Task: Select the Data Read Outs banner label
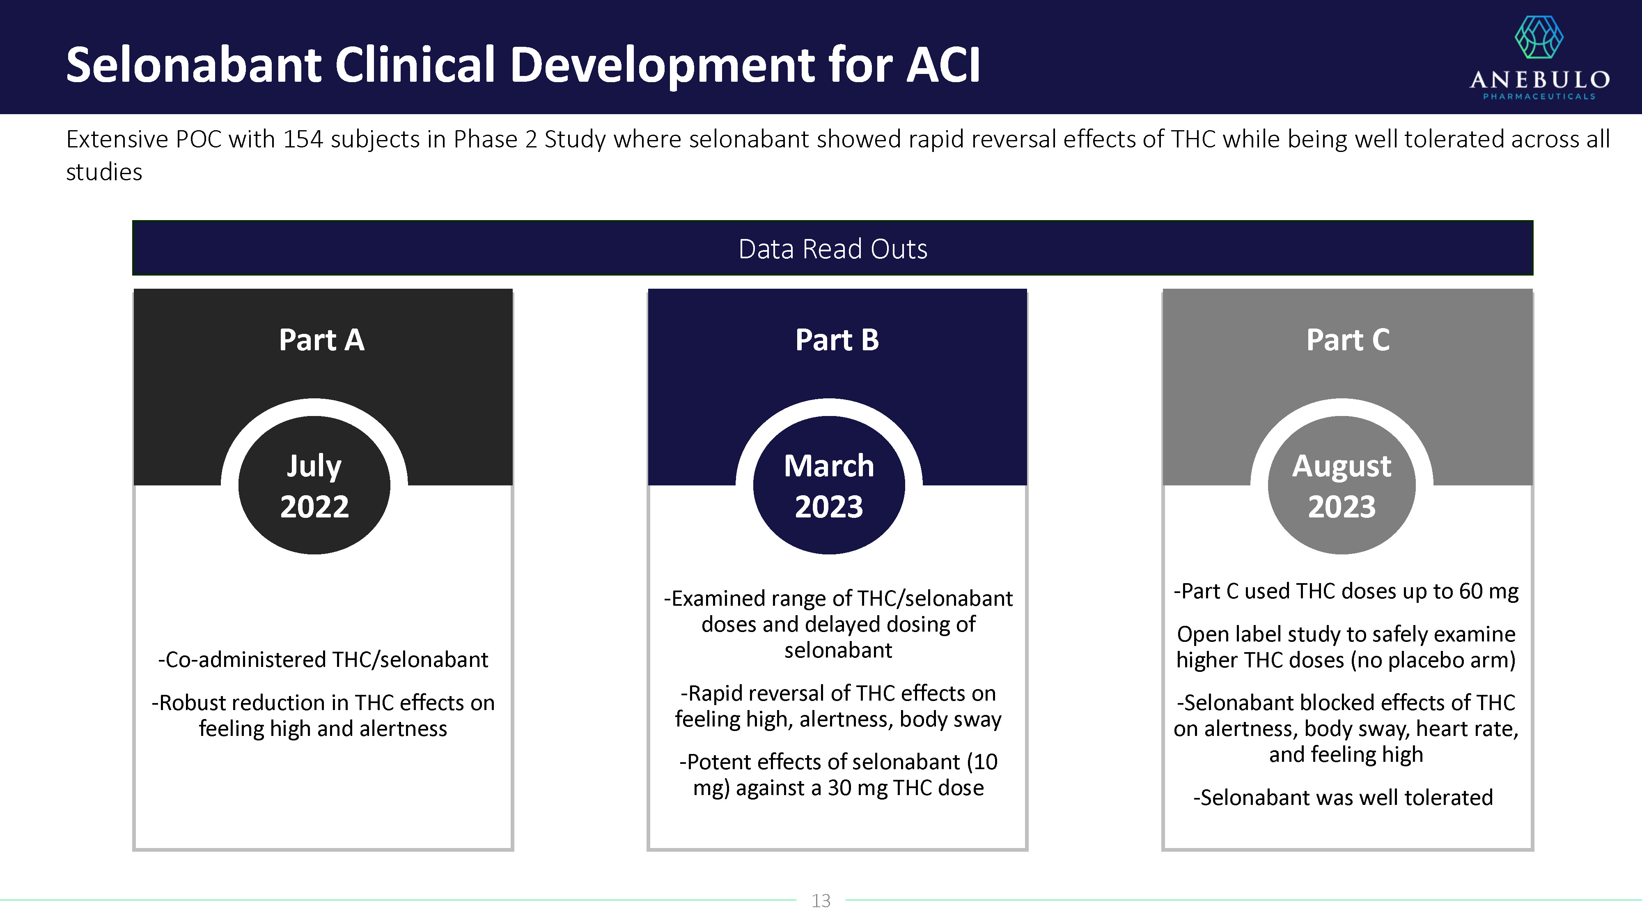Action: tap(832, 249)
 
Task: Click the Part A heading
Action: tap(321, 340)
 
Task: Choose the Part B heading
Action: tap(837, 340)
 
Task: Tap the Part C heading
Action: tap(1348, 340)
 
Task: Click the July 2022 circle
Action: tap(314, 485)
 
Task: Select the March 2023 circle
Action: tap(829, 485)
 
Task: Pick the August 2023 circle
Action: tap(1342, 485)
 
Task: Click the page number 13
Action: tap(821, 901)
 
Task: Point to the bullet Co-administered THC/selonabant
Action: tap(323, 660)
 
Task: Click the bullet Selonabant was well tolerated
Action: tap(1343, 798)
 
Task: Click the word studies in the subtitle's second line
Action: tap(104, 172)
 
